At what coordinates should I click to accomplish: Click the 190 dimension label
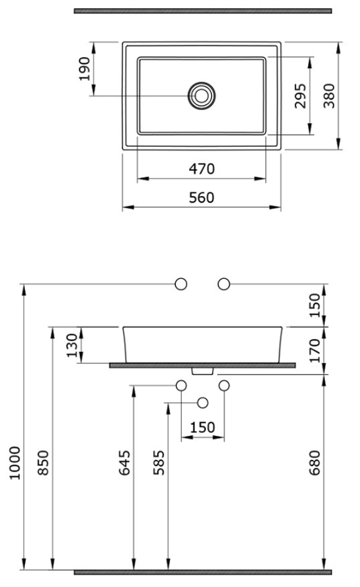click(84, 69)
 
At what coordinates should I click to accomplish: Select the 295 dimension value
click(300, 96)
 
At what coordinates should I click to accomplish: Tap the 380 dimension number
click(329, 96)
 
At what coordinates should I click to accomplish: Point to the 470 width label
click(202, 169)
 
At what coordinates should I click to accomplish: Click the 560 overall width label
click(202, 197)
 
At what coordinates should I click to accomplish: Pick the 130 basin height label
click(72, 346)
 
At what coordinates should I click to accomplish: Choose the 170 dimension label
click(315, 351)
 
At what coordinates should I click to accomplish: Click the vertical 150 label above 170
click(315, 305)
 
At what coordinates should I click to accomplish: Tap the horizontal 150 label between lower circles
click(202, 427)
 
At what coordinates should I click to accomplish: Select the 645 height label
click(125, 463)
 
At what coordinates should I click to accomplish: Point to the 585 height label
click(158, 463)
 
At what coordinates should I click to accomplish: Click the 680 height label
click(315, 463)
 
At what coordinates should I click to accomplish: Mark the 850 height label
click(43, 463)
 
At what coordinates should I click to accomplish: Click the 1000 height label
click(15, 463)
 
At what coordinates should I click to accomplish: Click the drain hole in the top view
click(202, 96)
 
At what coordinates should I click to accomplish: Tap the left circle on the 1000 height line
click(181, 284)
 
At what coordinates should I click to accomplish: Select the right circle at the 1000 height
click(224, 284)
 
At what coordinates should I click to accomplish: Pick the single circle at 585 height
click(203, 403)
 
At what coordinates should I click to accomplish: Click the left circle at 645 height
click(182, 385)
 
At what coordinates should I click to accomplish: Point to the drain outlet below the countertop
click(202, 371)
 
